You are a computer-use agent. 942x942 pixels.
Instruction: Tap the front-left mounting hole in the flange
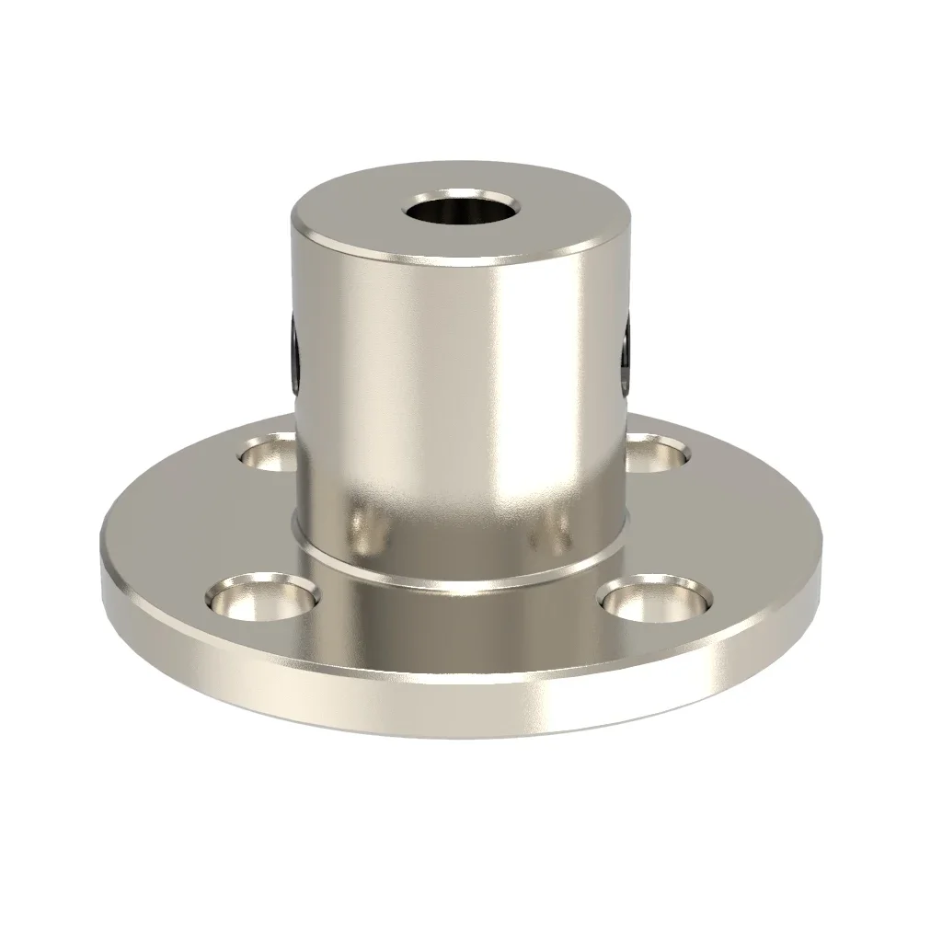click(x=262, y=598)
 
